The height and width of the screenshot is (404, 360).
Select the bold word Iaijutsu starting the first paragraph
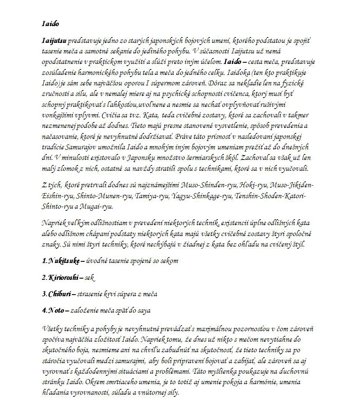(x=54, y=42)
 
